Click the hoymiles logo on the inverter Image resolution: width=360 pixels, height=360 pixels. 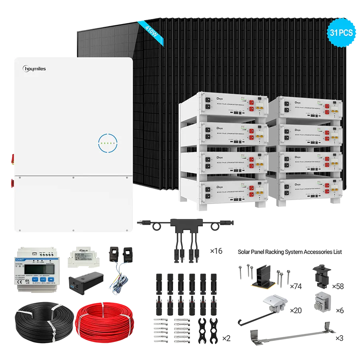tap(35, 69)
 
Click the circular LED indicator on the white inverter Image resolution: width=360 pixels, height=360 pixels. tap(108, 142)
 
